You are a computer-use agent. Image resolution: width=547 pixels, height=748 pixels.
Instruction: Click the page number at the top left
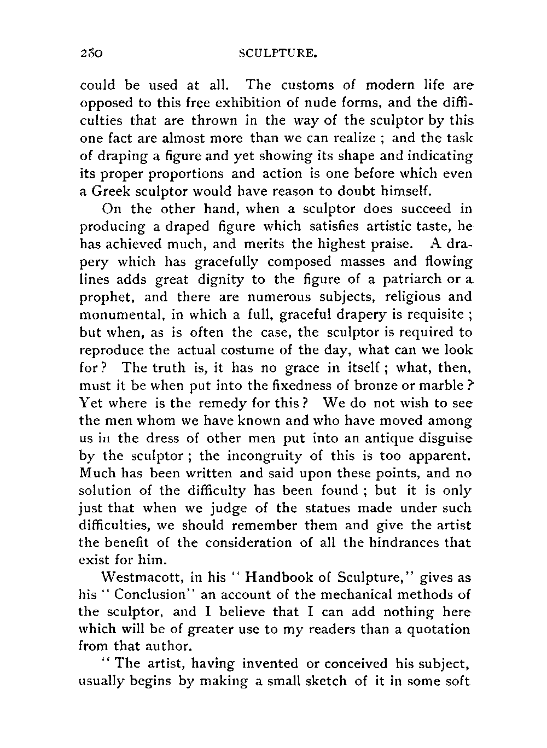pos(91,54)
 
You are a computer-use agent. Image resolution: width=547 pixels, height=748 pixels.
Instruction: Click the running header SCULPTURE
pos(279,54)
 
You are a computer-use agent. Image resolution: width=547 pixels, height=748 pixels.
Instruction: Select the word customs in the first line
pos(307,85)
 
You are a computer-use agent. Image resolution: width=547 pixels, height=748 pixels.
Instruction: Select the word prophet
pos(107,297)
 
